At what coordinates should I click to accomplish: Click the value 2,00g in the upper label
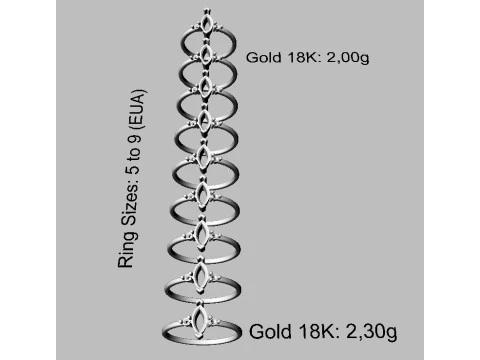pyautogui.click(x=348, y=58)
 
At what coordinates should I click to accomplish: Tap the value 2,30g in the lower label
pyautogui.click(x=372, y=332)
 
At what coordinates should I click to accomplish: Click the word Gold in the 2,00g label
pyautogui.click(x=263, y=57)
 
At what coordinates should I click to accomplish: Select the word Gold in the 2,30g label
pyautogui.click(x=270, y=332)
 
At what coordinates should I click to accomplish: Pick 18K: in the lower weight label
pyautogui.click(x=319, y=332)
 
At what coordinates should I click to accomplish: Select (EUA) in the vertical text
pyautogui.click(x=137, y=108)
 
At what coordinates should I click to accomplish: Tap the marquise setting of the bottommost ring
pyautogui.click(x=200, y=319)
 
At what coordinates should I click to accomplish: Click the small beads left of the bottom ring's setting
pyautogui.click(x=185, y=322)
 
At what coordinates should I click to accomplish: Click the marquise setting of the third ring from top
pyautogui.click(x=205, y=86)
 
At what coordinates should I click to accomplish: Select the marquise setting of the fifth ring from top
pyautogui.click(x=203, y=155)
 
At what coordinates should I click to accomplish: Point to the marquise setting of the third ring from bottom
pyautogui.click(x=202, y=233)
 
